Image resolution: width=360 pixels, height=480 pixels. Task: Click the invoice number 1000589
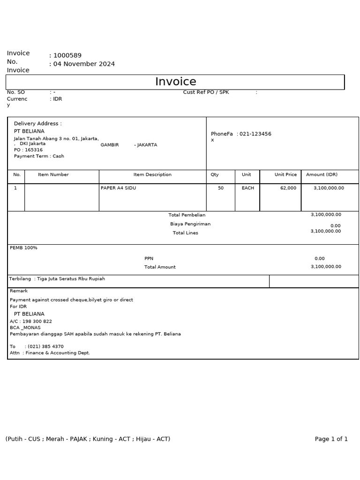67,55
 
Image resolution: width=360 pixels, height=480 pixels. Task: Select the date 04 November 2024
84,64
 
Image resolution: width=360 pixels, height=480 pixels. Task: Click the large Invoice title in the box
175,82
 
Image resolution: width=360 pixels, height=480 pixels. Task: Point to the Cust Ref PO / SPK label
206,92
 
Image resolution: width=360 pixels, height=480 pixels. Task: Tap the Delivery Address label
37,124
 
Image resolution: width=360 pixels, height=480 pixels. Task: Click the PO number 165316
33,150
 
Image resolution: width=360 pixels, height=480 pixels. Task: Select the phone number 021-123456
255,134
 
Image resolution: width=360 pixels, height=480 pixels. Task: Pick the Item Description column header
152,175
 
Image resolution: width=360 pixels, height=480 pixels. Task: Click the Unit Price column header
285,175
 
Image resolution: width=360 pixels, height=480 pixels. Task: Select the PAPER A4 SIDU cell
118,188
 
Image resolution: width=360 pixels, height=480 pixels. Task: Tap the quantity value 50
221,188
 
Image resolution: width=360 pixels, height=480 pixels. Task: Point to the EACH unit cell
247,188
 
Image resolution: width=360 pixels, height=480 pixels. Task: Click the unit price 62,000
288,188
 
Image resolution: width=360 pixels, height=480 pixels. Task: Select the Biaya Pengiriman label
190,224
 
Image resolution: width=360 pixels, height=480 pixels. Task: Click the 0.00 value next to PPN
319,258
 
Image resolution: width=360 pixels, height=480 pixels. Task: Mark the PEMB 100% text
23,247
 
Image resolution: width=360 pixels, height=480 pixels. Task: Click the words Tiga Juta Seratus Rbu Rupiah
71,279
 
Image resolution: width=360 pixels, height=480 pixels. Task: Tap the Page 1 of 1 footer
331,439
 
